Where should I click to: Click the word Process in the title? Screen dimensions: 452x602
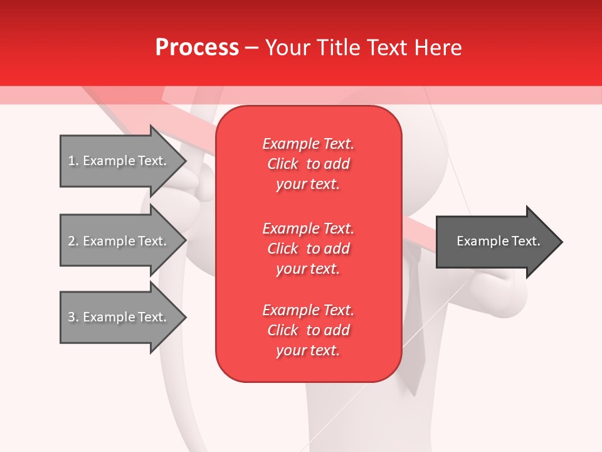coord(197,48)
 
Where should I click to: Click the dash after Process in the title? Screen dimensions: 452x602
coord(251,48)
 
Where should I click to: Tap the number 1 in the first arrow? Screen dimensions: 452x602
coord(71,161)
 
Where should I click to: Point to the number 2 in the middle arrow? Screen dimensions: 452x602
coord(71,241)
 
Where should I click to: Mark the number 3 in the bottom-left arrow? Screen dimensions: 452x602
coord(71,317)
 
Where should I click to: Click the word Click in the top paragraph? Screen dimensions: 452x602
coord(283,164)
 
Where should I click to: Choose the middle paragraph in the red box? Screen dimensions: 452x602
coord(308,249)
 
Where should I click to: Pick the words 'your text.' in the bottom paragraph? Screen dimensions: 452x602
coord(308,351)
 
